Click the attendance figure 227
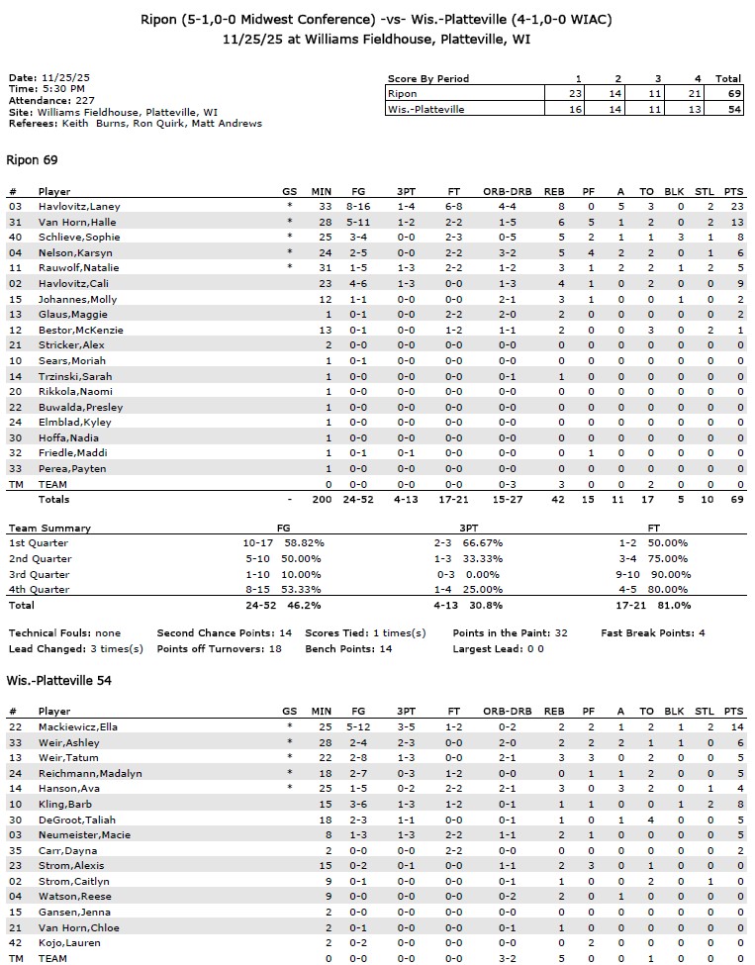(85, 100)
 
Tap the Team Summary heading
(49, 529)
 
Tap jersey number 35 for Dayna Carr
(15, 850)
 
